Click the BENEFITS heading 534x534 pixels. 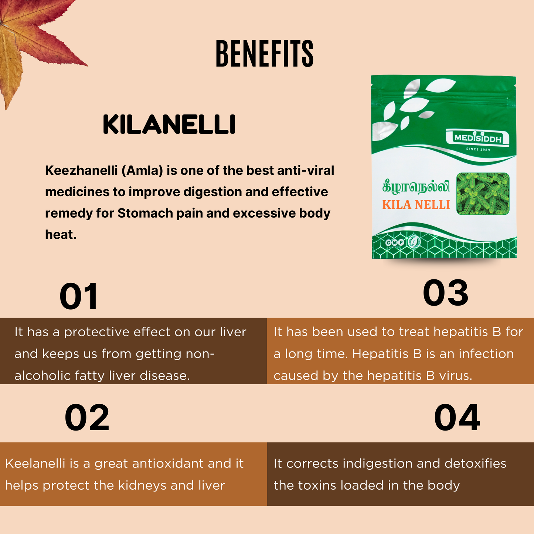coord(264,54)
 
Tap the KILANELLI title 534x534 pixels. coord(169,125)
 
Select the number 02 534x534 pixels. coord(87,418)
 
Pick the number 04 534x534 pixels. coord(457,418)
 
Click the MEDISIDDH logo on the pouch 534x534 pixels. coord(477,139)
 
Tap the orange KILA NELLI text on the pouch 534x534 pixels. coord(416,205)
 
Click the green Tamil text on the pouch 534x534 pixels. coord(416,187)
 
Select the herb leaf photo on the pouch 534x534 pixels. coord(483,194)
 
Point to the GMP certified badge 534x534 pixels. coord(395,243)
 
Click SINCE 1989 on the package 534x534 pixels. coord(478,150)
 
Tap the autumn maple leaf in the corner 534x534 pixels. coord(33,41)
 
